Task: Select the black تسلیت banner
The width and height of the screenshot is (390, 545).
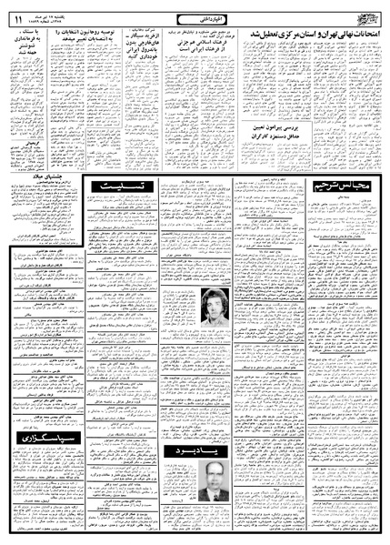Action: click(x=119, y=186)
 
